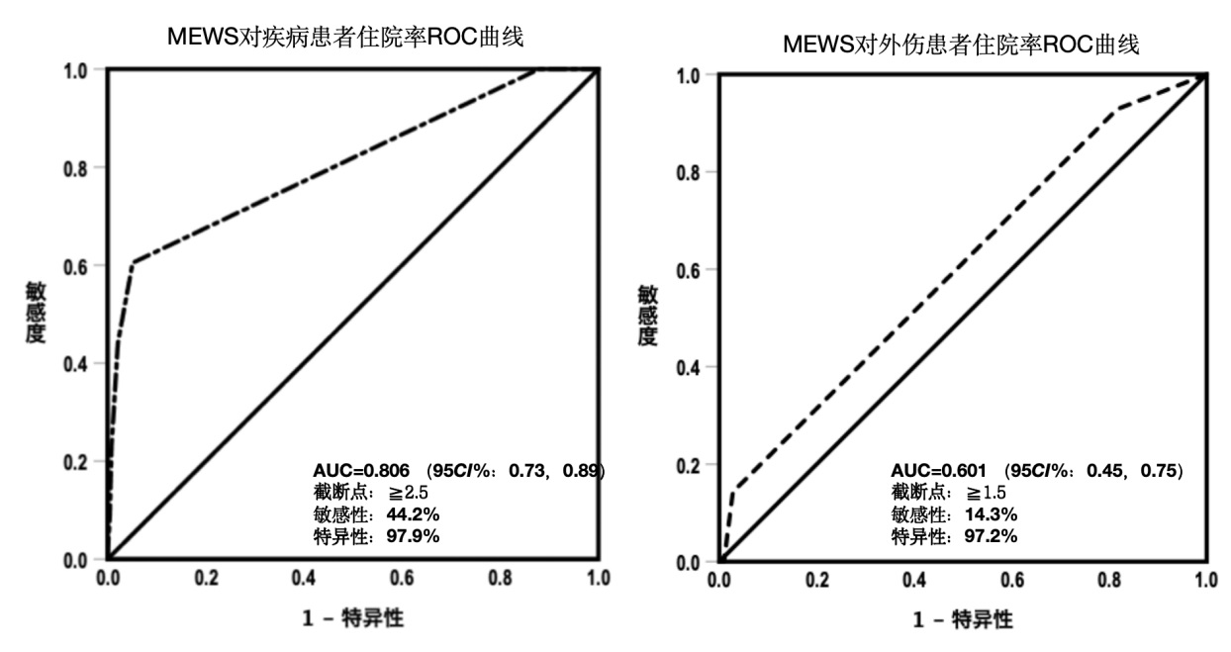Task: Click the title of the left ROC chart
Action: coord(344,39)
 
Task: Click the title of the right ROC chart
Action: coord(959,46)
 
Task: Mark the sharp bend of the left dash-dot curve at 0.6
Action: coord(133,262)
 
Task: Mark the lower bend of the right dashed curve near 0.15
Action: coord(734,490)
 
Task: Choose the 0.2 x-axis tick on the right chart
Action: coord(817,581)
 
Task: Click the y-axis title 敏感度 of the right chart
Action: coord(647,315)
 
